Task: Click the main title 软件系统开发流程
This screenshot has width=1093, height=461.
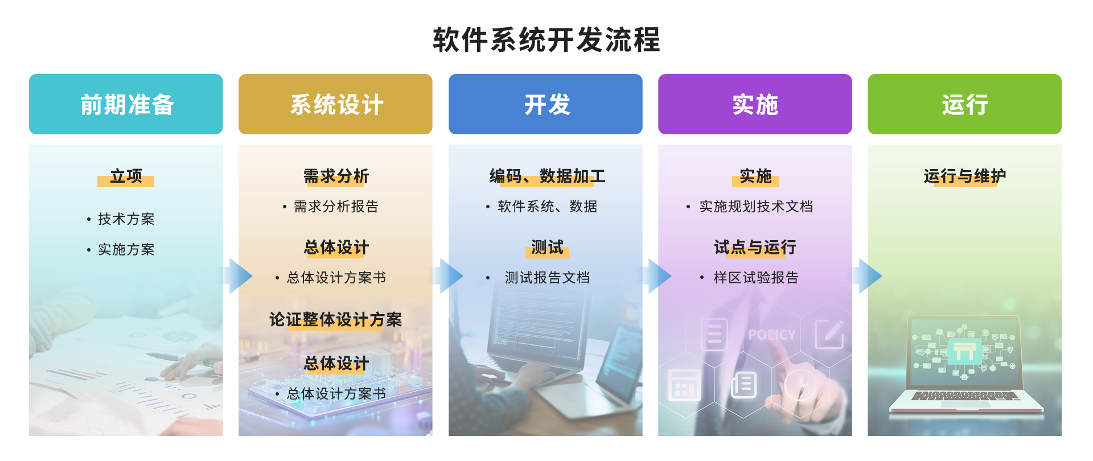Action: pyautogui.click(x=546, y=40)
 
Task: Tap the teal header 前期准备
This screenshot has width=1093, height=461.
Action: pyautogui.click(x=126, y=104)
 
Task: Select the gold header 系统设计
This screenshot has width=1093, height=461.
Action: pyautogui.click(x=335, y=104)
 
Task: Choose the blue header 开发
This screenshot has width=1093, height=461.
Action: pyautogui.click(x=545, y=104)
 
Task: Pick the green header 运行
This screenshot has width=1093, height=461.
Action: pyautogui.click(x=964, y=104)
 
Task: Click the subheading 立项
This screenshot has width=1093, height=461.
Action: pyautogui.click(x=126, y=176)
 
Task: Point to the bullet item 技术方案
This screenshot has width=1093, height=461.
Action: pyautogui.click(x=126, y=219)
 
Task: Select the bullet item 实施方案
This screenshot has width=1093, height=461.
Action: pyautogui.click(x=126, y=250)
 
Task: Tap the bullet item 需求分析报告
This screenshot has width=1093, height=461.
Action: pyautogui.click(x=336, y=207)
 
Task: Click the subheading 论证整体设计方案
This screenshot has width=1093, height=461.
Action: pyautogui.click(x=336, y=320)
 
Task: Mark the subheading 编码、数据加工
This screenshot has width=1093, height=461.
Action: pyautogui.click(x=547, y=176)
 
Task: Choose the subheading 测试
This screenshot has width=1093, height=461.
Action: pyautogui.click(x=547, y=248)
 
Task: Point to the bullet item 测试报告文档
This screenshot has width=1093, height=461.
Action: pyautogui.click(x=547, y=278)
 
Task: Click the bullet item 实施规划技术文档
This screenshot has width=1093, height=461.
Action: pyautogui.click(x=756, y=207)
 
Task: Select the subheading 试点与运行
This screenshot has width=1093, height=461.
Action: pyautogui.click(x=755, y=248)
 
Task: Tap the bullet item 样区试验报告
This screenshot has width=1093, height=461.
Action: pyautogui.click(x=756, y=278)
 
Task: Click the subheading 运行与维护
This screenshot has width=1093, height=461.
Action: pyautogui.click(x=965, y=176)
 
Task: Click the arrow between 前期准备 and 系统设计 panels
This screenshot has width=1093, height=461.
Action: pyautogui.click(x=239, y=276)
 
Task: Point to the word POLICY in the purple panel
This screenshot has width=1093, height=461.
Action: pyautogui.click(x=772, y=335)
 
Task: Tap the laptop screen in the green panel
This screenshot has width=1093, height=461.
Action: pyautogui.click(x=964, y=352)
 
